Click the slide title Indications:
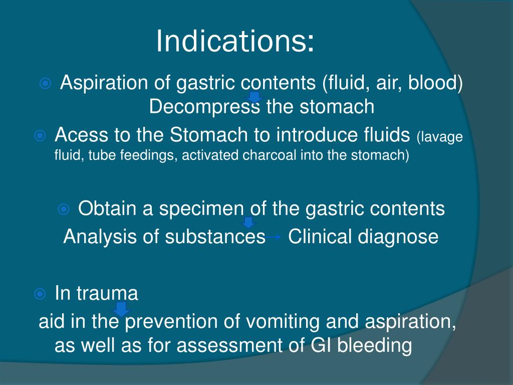pos(235,41)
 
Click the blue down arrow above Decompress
pos(254,97)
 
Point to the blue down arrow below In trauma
pos(121,309)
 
